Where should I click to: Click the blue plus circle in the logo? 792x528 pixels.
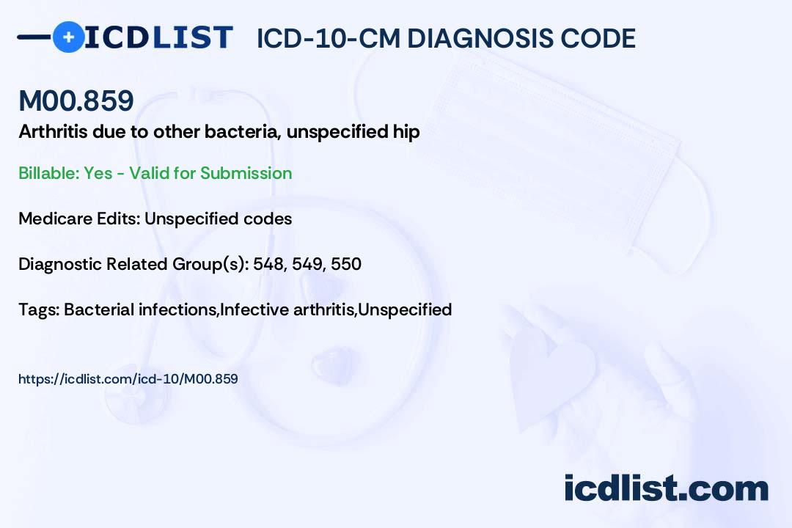tap(68, 37)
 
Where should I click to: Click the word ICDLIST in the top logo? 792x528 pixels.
tap(158, 37)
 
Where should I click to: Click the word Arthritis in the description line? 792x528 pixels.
tap(53, 131)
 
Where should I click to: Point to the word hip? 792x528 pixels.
tap(406, 133)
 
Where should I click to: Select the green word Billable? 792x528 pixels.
tap(49, 173)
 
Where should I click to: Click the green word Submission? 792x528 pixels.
tap(246, 173)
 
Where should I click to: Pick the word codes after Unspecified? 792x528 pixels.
tap(268, 219)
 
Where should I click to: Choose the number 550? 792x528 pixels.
tap(346, 264)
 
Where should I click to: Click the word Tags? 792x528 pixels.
tap(39, 309)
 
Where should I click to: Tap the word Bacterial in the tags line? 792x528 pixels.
tap(99, 309)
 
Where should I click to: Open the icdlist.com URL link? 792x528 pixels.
tap(128, 379)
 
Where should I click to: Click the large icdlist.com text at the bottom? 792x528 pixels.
tap(666, 488)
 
